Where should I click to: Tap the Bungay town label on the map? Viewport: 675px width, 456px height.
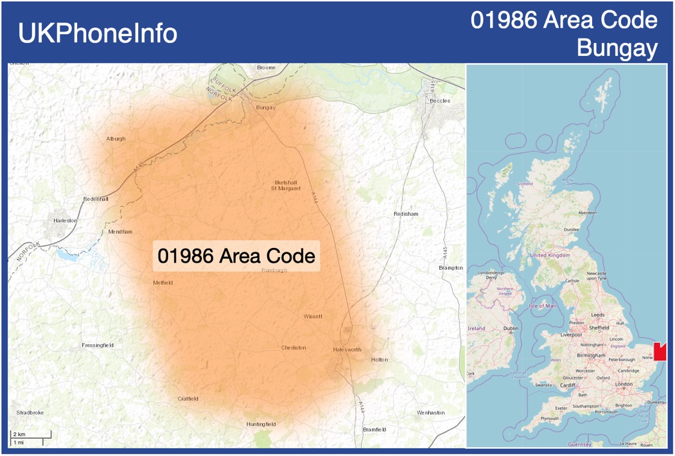click(265, 108)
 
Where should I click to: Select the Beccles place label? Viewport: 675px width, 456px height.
click(440, 101)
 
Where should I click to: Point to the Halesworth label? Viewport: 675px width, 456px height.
click(347, 349)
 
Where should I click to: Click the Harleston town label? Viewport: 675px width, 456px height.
click(65, 220)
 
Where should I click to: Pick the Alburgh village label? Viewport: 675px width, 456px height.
click(116, 139)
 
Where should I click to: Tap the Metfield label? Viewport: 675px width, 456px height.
click(162, 283)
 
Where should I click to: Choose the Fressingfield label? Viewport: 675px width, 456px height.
click(98, 346)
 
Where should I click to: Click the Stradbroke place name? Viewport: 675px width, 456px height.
click(30, 412)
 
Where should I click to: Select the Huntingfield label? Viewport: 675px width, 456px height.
click(261, 425)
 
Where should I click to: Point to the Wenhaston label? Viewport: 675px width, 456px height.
click(430, 412)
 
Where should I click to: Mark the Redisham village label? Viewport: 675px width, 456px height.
click(406, 214)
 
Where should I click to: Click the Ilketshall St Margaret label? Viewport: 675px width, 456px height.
click(286, 186)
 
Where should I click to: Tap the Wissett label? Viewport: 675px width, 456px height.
click(313, 317)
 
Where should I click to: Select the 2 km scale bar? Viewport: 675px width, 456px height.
click(26, 438)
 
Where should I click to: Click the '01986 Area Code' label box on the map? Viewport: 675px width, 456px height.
click(236, 256)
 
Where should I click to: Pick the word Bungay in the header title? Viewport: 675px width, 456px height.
click(617, 48)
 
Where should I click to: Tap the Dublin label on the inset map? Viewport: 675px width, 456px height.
click(511, 329)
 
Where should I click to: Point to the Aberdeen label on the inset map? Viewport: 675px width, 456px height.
click(587, 213)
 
